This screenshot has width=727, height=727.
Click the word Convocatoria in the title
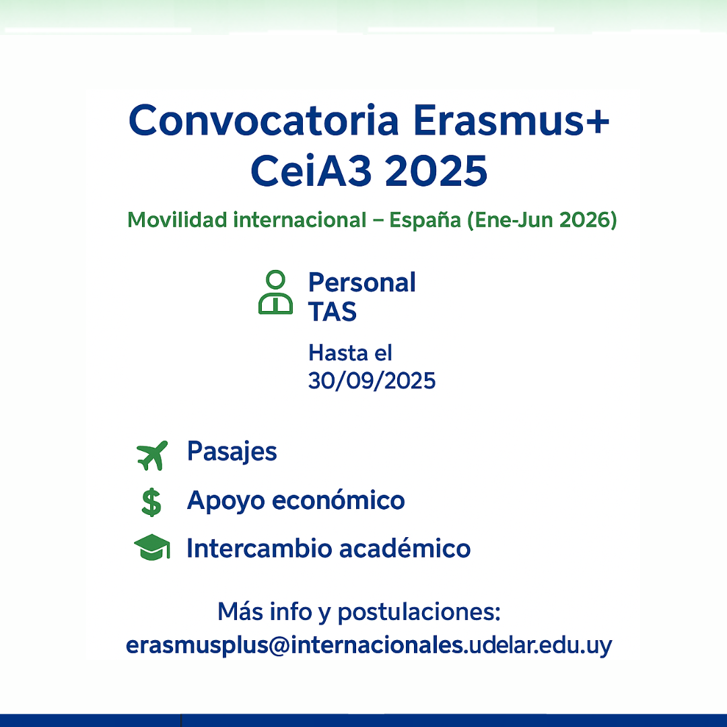point(263,120)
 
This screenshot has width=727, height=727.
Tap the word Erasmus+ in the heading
point(511,120)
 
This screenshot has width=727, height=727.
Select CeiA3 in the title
point(311,170)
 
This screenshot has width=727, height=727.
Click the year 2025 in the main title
point(436,170)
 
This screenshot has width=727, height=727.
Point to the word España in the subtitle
point(425,220)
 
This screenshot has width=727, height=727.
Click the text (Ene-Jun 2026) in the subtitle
point(542,220)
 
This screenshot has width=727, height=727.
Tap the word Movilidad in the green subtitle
point(177,219)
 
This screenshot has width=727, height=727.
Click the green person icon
point(275,292)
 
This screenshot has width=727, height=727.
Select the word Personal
point(361,282)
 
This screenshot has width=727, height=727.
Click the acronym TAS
point(333,312)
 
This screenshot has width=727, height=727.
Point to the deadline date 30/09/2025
point(372,380)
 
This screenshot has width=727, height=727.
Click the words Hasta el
point(350,353)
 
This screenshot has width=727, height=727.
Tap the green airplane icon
point(152,455)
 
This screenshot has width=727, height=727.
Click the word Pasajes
point(232,452)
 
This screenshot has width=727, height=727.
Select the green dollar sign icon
point(151,503)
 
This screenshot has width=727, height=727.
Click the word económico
point(338,500)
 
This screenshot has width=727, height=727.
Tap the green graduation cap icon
point(152,547)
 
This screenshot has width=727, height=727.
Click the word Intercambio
point(260,549)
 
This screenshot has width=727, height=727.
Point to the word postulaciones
point(419,613)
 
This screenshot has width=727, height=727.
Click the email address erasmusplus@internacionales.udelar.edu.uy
point(369,645)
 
